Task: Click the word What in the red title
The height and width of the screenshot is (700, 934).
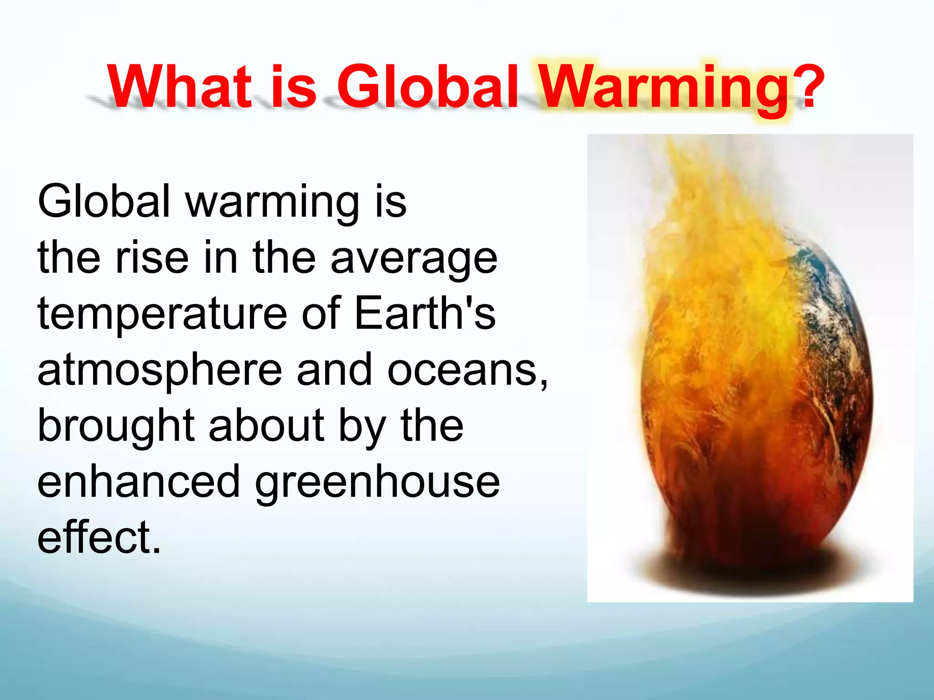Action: click(179, 87)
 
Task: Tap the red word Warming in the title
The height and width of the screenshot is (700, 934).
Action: click(664, 89)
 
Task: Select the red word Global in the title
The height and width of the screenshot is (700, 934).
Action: click(427, 87)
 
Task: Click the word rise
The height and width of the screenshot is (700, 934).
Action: click(152, 258)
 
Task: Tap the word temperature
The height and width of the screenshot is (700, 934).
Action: click(162, 314)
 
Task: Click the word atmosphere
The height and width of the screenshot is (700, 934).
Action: click(160, 370)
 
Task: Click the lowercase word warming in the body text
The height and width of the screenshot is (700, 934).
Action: click(272, 202)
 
